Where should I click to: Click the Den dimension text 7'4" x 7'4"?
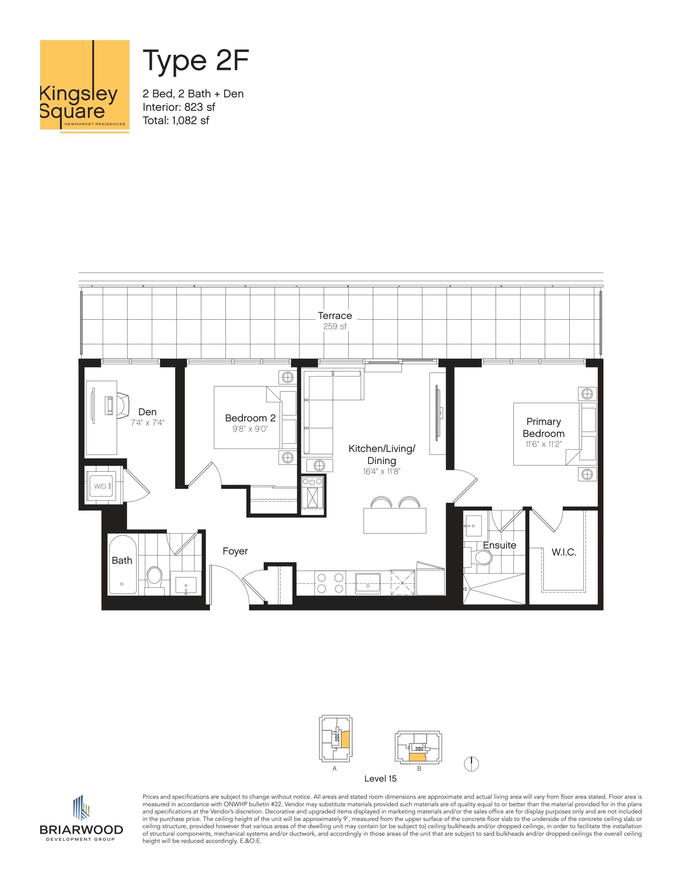[x=147, y=423]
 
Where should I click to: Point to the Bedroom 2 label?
[x=250, y=418]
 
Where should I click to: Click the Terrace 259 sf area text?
[x=335, y=326]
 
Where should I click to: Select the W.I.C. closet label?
[x=563, y=552]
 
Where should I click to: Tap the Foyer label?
[x=235, y=551]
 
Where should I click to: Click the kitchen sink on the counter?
[x=368, y=583]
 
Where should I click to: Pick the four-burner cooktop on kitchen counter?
[x=330, y=583]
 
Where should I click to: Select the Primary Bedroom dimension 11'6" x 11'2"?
[x=543, y=444]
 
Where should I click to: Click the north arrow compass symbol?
[x=471, y=764]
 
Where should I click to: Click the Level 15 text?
[x=380, y=778]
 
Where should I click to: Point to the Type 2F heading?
[x=195, y=61]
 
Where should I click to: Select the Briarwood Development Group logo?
[x=81, y=820]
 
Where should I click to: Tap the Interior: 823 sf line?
[x=178, y=107]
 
